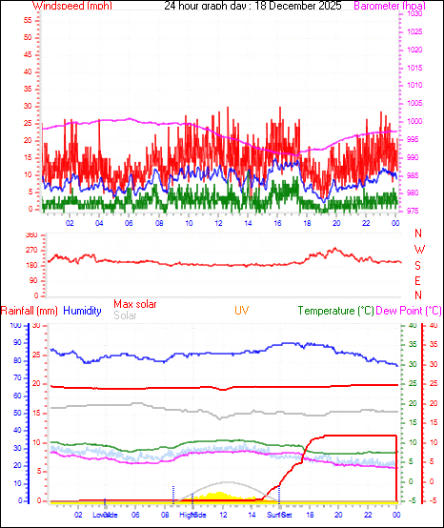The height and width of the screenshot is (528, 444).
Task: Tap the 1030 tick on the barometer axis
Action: coord(412,15)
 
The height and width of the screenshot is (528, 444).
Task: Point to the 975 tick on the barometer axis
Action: coord(410,210)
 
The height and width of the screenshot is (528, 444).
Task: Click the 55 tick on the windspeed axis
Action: coord(29,19)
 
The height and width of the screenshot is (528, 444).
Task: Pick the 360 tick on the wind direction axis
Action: coord(30,234)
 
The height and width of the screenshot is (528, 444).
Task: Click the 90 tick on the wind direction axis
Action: coord(32,280)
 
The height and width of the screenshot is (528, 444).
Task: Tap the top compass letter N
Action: coord(417,234)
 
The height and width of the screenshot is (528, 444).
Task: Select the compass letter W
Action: coord(417,250)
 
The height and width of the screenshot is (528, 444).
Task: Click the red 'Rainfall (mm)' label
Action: coord(30,311)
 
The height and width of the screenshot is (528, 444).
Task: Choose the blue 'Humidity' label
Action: coord(83,311)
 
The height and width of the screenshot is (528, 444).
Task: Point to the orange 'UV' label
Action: coord(242,311)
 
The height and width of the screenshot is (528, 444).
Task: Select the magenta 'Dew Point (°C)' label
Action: coord(410,311)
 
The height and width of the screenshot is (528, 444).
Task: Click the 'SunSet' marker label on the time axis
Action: coord(279,515)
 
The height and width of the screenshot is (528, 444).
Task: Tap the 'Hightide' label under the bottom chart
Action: coord(192,515)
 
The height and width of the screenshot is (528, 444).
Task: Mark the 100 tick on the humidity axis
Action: coord(14,326)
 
